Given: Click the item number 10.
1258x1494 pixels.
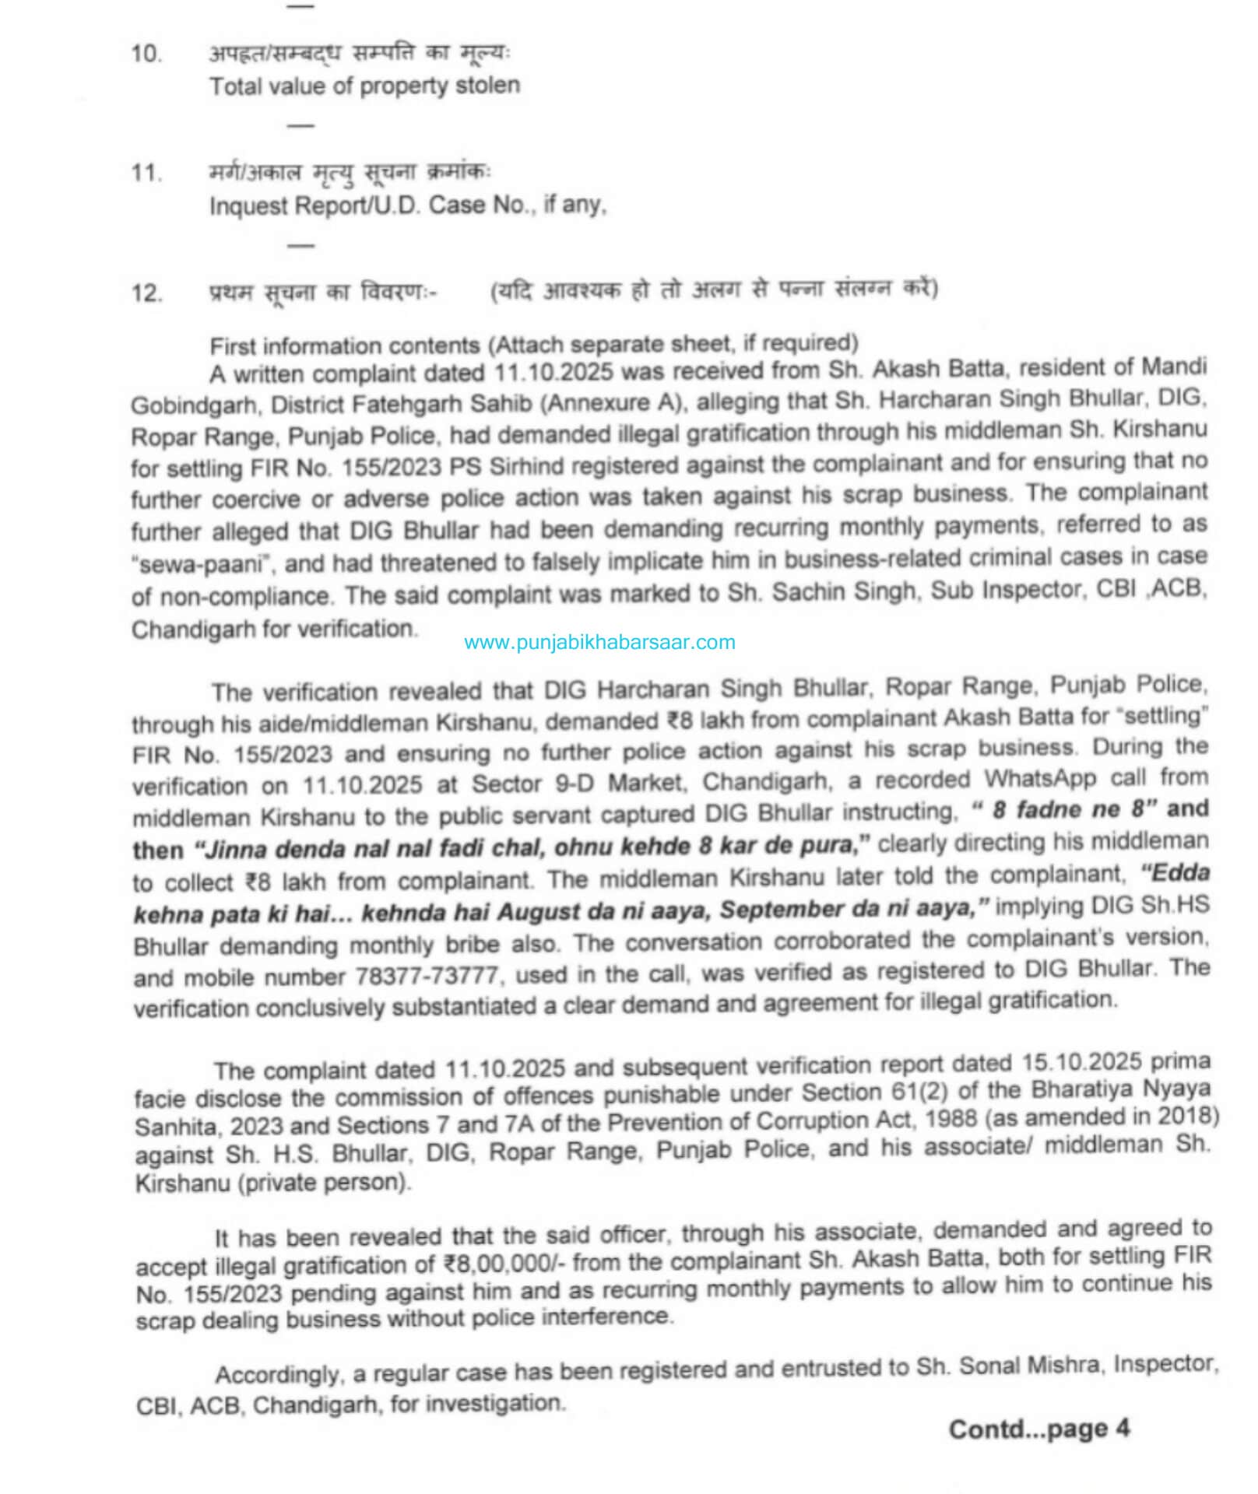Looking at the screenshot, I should pyautogui.click(x=146, y=54).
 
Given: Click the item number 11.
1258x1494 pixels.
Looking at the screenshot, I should pyautogui.click(x=146, y=172).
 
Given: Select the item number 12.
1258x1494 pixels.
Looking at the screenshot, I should pyautogui.click(x=146, y=293).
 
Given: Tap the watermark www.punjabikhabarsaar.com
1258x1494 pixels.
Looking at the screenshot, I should pyautogui.click(x=599, y=642).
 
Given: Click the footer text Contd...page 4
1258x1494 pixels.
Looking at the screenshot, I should pyautogui.click(x=1038, y=1429).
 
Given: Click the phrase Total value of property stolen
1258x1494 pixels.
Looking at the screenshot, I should pyautogui.click(x=364, y=86).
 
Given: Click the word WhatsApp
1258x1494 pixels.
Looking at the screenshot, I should pyautogui.click(x=1039, y=778).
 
